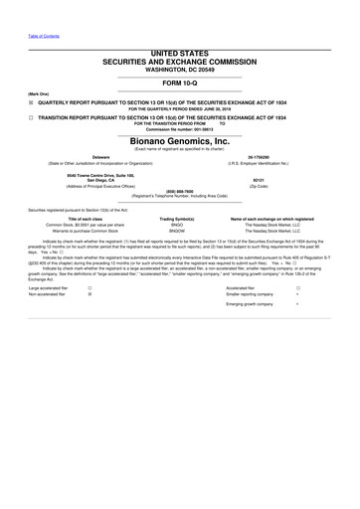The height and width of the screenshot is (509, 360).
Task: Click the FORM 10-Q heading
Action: pos(179,83)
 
